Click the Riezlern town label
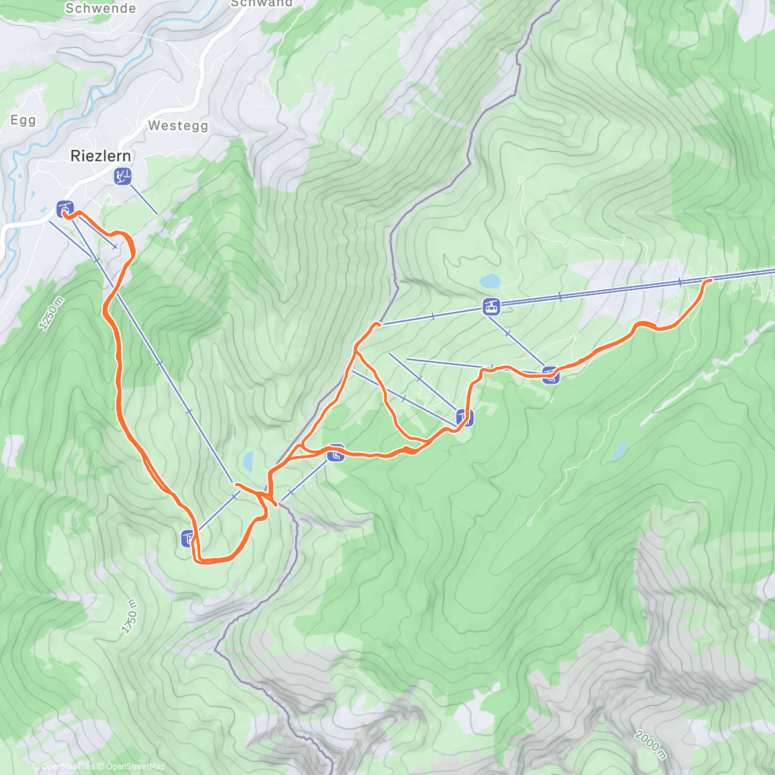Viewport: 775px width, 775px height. (100, 156)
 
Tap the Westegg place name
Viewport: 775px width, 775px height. (178, 126)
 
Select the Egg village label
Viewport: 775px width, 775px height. (23, 121)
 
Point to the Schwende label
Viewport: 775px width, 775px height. (101, 8)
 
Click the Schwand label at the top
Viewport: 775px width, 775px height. (261, 3)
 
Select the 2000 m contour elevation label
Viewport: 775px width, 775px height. (649, 745)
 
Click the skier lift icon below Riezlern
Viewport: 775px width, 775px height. (123, 176)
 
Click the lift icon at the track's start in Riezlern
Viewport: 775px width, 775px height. (65, 209)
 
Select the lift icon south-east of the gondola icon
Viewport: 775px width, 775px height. (550, 375)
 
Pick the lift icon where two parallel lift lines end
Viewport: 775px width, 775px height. (464, 418)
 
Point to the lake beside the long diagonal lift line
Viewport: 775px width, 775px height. (248, 461)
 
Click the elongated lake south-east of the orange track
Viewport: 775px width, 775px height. (619, 450)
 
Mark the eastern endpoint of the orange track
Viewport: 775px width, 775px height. (710, 280)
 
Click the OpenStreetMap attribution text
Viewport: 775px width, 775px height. (135, 767)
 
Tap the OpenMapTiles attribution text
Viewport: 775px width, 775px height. (68, 767)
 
